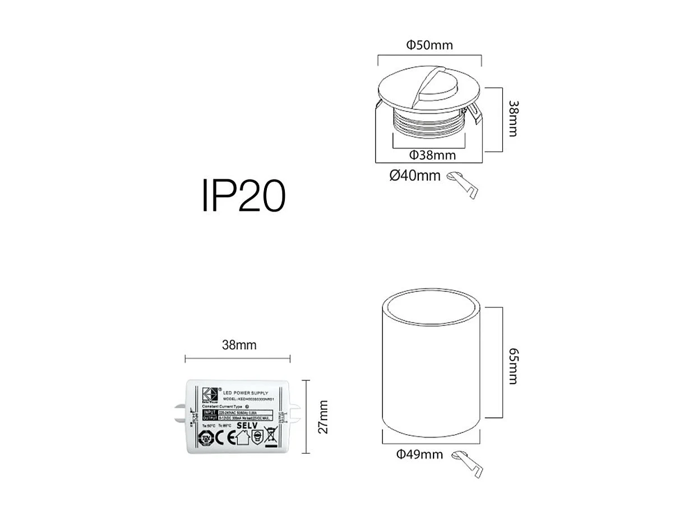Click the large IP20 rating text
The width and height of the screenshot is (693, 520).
pyautogui.click(x=244, y=196)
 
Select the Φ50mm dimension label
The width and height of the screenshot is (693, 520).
pyautogui.click(x=429, y=45)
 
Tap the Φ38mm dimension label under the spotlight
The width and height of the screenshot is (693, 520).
pyautogui.click(x=432, y=155)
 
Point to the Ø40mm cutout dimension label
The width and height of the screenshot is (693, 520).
pyautogui.click(x=415, y=176)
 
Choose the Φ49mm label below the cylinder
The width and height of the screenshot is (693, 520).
pyautogui.click(x=419, y=454)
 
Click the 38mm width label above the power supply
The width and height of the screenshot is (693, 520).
pyautogui.click(x=239, y=345)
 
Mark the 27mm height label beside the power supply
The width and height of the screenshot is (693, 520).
pyautogui.click(x=323, y=417)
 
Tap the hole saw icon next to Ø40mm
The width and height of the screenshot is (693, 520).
pyautogui.click(x=463, y=184)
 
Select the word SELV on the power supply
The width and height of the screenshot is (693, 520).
pyautogui.click(x=247, y=426)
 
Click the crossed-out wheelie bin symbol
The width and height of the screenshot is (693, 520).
pyautogui.click(x=271, y=436)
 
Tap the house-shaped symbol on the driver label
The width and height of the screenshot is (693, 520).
pyautogui.click(x=242, y=437)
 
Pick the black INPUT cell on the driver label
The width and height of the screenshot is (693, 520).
pyautogui.click(x=210, y=412)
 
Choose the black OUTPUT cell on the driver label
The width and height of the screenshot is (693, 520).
pyautogui.click(x=210, y=418)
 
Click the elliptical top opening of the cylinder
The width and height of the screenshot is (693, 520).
pyautogui.click(x=431, y=307)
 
